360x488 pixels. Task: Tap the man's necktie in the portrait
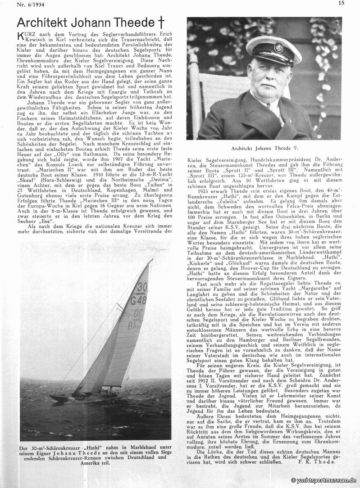tap(273, 111)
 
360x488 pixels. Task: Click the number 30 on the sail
tap(142, 287)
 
